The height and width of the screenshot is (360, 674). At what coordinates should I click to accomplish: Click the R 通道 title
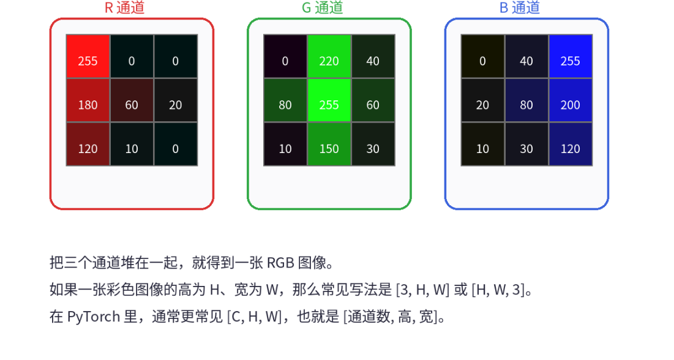coord(125,8)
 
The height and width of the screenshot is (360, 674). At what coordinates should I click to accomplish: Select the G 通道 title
coord(322,8)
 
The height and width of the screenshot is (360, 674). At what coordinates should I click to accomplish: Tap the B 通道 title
coord(520,8)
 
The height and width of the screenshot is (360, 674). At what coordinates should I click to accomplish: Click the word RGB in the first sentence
coord(280,263)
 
